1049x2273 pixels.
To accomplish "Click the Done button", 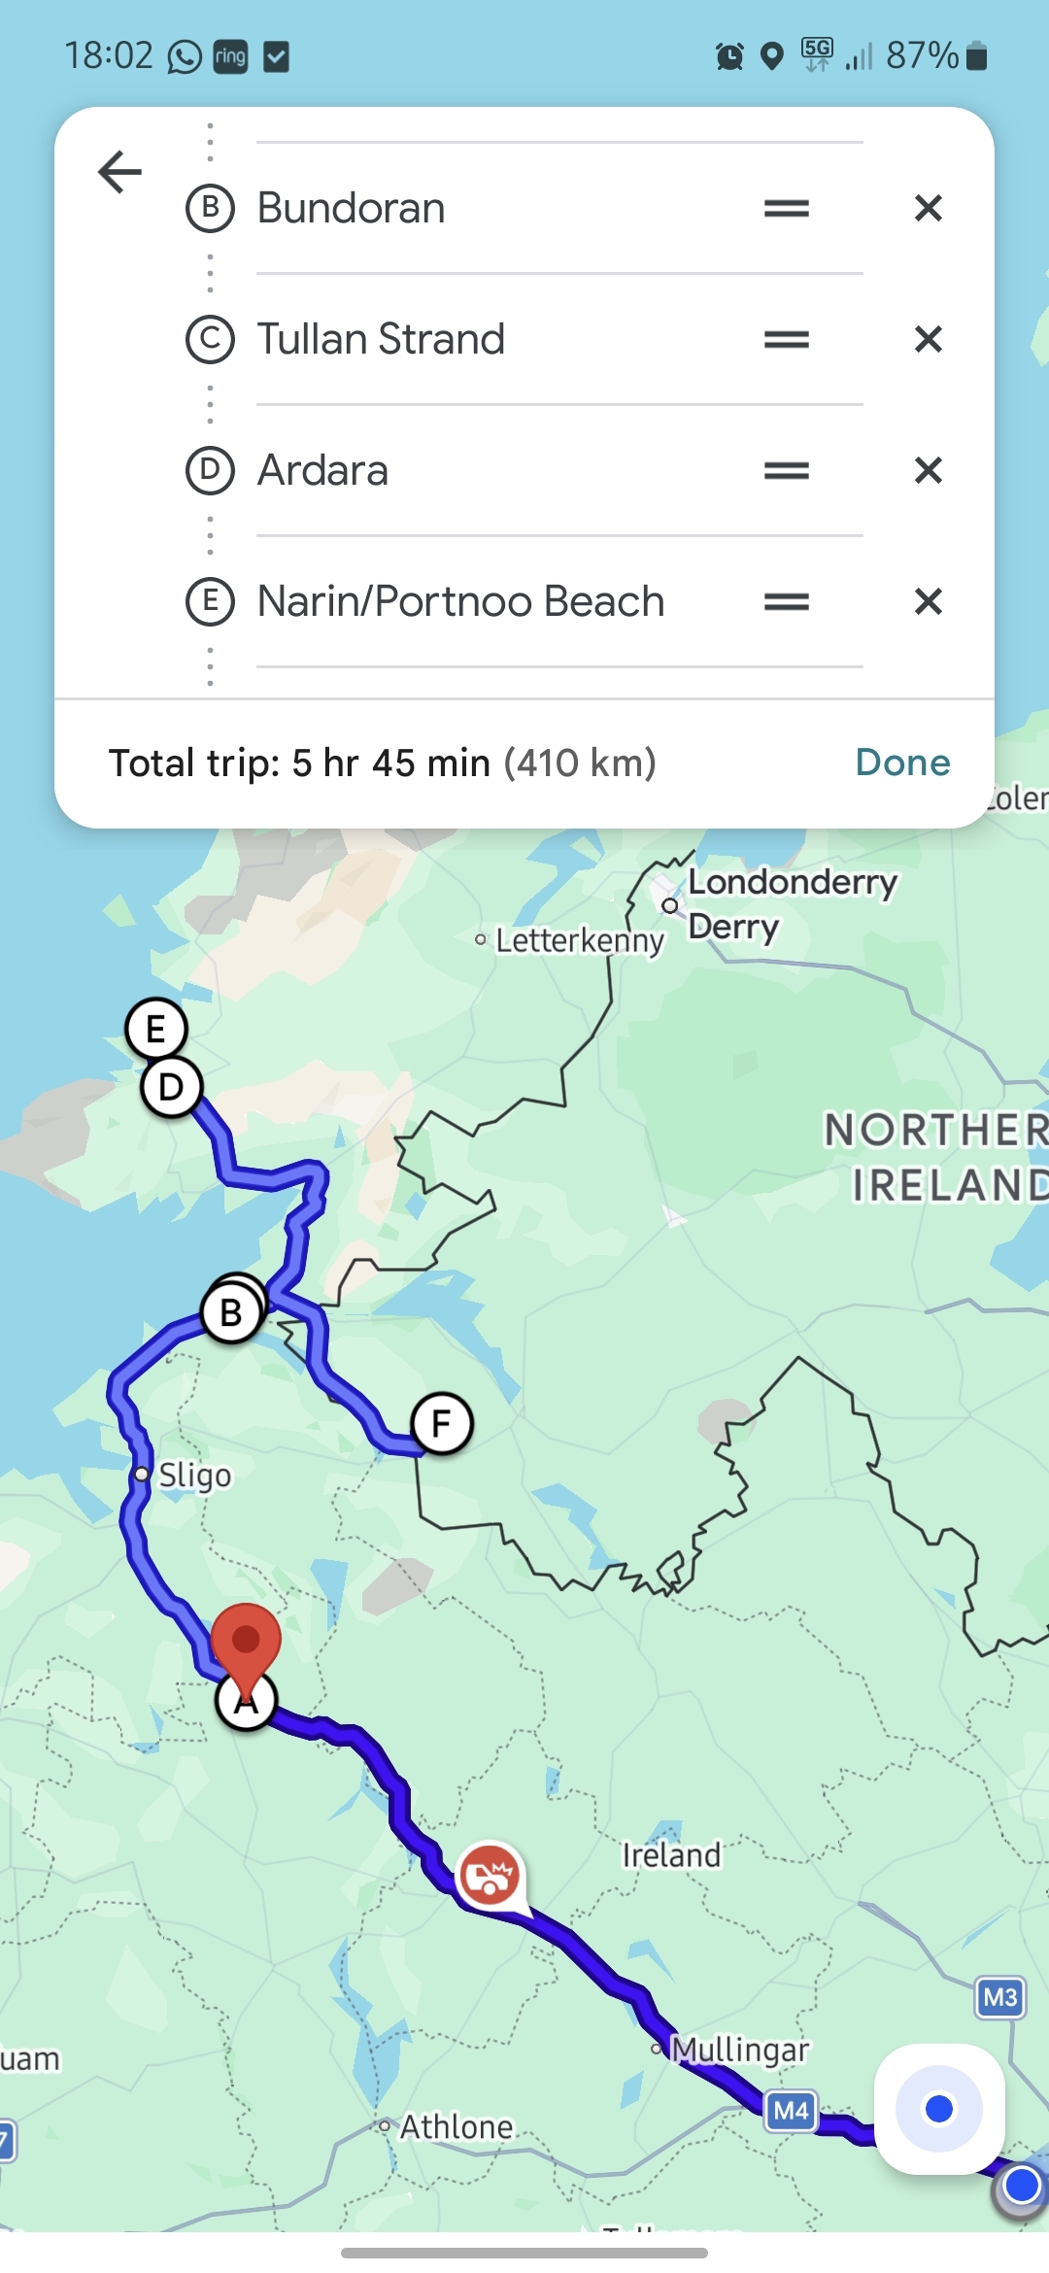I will [902, 763].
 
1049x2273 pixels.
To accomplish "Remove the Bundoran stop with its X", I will [929, 208].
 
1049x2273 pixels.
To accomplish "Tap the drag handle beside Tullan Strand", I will [787, 339].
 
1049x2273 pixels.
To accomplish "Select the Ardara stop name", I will [322, 470].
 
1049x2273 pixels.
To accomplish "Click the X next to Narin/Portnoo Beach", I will [929, 601].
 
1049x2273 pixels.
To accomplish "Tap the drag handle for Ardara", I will [787, 470].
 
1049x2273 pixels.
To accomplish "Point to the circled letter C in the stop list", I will [210, 339].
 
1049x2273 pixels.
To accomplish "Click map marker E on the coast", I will [155, 1029].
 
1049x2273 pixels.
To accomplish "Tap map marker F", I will [442, 1423].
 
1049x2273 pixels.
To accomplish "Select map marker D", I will [172, 1087].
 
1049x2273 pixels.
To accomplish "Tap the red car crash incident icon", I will [490, 1875].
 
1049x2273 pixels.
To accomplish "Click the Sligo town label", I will [194, 1475].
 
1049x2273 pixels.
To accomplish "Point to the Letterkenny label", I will [579, 940].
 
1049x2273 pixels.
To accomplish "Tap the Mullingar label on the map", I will [740, 2050].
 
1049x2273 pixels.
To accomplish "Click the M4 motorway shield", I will [792, 2110].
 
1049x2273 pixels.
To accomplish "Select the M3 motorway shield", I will [1000, 1997].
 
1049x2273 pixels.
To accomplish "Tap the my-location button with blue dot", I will [938, 2109].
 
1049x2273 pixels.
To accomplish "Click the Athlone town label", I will [455, 2126].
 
